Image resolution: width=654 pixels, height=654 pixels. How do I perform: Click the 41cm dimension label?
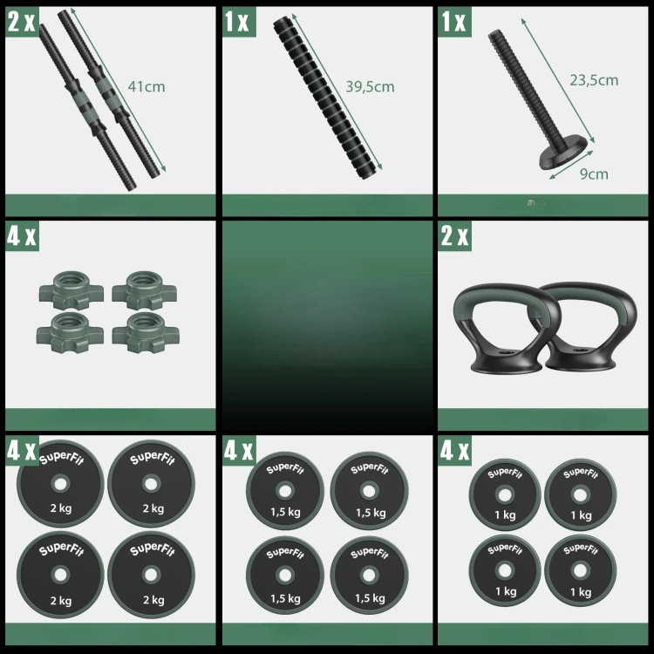click(146, 86)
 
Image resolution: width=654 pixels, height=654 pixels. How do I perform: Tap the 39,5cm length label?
click(370, 86)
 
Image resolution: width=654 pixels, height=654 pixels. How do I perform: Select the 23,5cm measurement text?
click(594, 80)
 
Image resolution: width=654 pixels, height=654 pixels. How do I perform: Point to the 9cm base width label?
click(594, 174)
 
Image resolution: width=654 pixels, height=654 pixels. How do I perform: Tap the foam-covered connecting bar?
click(327, 98)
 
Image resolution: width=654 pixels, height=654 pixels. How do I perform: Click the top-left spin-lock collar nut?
click(72, 290)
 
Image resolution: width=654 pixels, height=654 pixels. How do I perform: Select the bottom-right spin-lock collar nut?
click(146, 333)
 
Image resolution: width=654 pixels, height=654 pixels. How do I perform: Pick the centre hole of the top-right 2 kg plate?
click(151, 484)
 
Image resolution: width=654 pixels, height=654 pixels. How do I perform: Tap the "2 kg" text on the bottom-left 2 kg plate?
click(61, 601)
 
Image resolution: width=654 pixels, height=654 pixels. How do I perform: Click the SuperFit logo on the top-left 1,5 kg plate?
click(285, 469)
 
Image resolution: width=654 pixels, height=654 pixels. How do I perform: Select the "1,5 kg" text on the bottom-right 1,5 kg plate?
click(370, 598)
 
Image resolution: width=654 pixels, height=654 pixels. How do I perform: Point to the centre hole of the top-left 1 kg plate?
click(505, 495)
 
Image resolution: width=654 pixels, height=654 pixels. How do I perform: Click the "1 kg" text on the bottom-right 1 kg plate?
click(581, 592)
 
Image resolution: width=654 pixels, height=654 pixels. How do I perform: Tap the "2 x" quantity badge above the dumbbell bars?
click(22, 22)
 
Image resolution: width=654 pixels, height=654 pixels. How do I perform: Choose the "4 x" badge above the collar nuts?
click(22, 235)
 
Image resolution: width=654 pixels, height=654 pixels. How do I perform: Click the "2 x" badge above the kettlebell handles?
click(454, 235)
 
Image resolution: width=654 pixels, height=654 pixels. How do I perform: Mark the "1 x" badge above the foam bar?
click(240, 22)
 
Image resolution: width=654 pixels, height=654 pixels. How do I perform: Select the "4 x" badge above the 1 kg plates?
click(454, 451)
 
